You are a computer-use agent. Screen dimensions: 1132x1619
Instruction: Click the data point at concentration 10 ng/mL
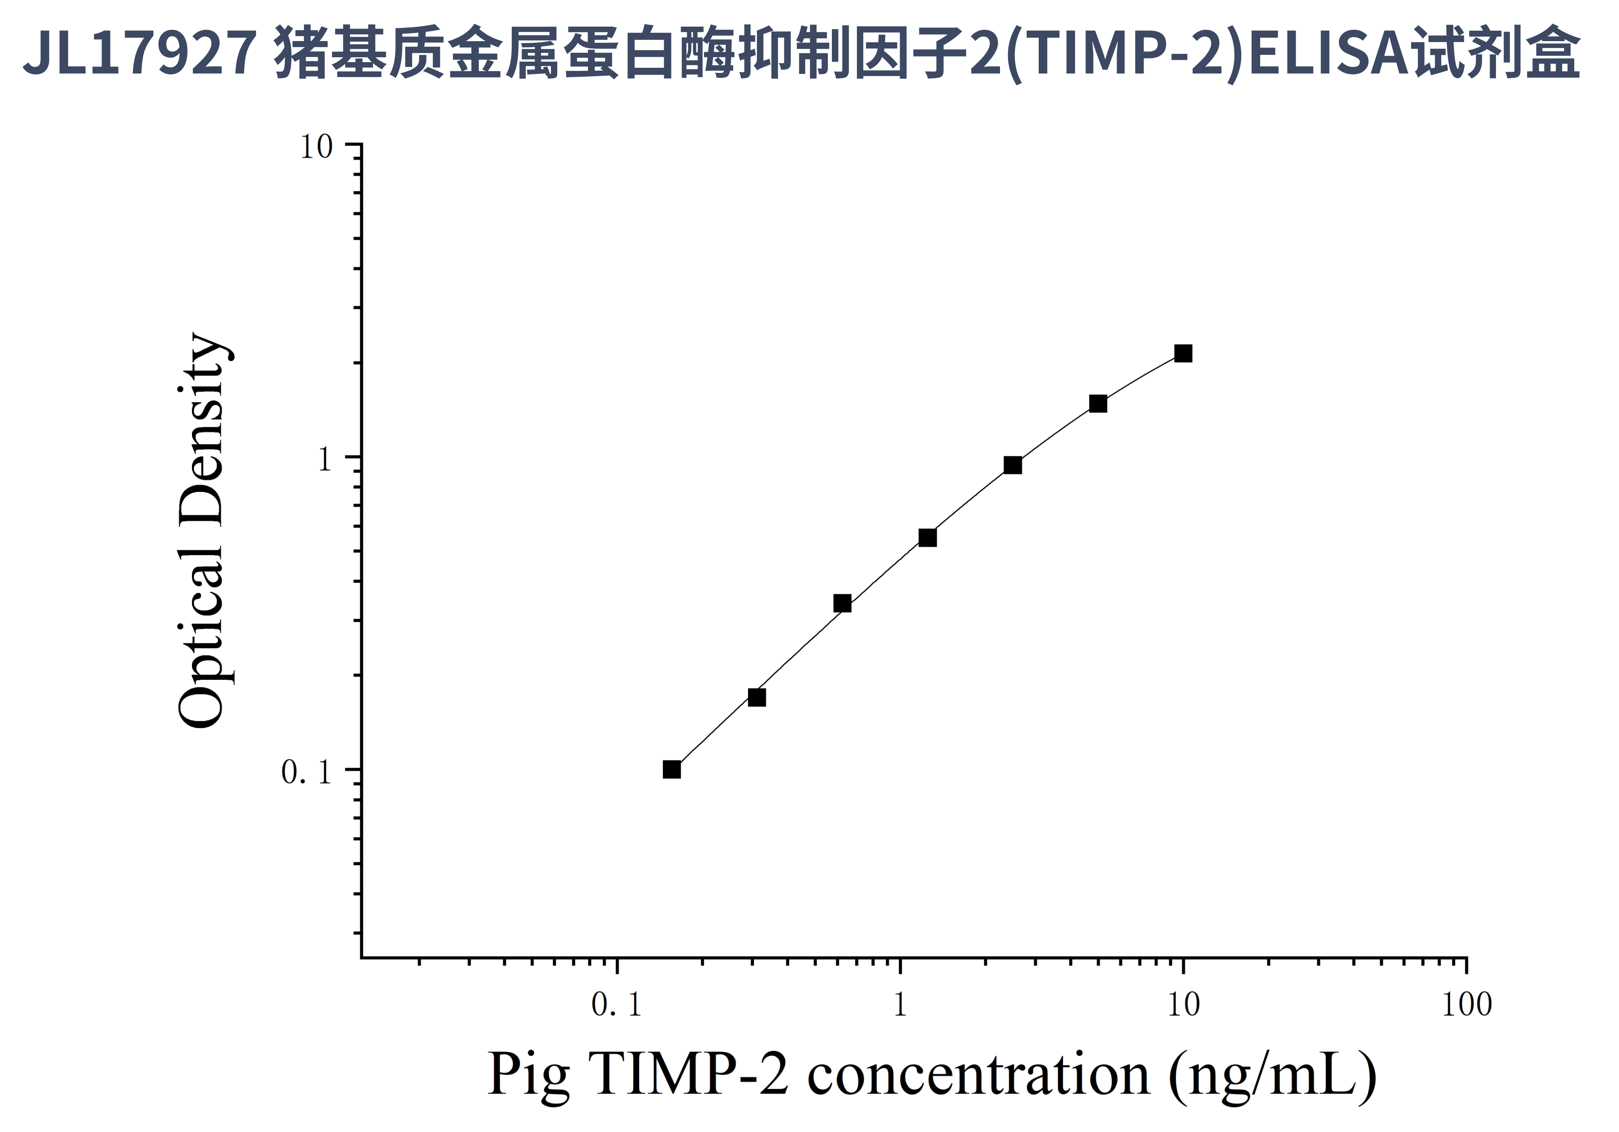point(1183,353)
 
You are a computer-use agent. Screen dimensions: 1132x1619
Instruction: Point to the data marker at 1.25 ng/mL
point(927,537)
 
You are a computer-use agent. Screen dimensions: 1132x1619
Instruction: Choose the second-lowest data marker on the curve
point(756,697)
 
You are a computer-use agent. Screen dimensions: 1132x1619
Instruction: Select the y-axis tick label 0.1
point(306,772)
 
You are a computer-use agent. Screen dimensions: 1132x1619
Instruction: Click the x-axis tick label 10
point(1183,1005)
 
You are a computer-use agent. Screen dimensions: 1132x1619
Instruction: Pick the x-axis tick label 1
point(900,1005)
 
